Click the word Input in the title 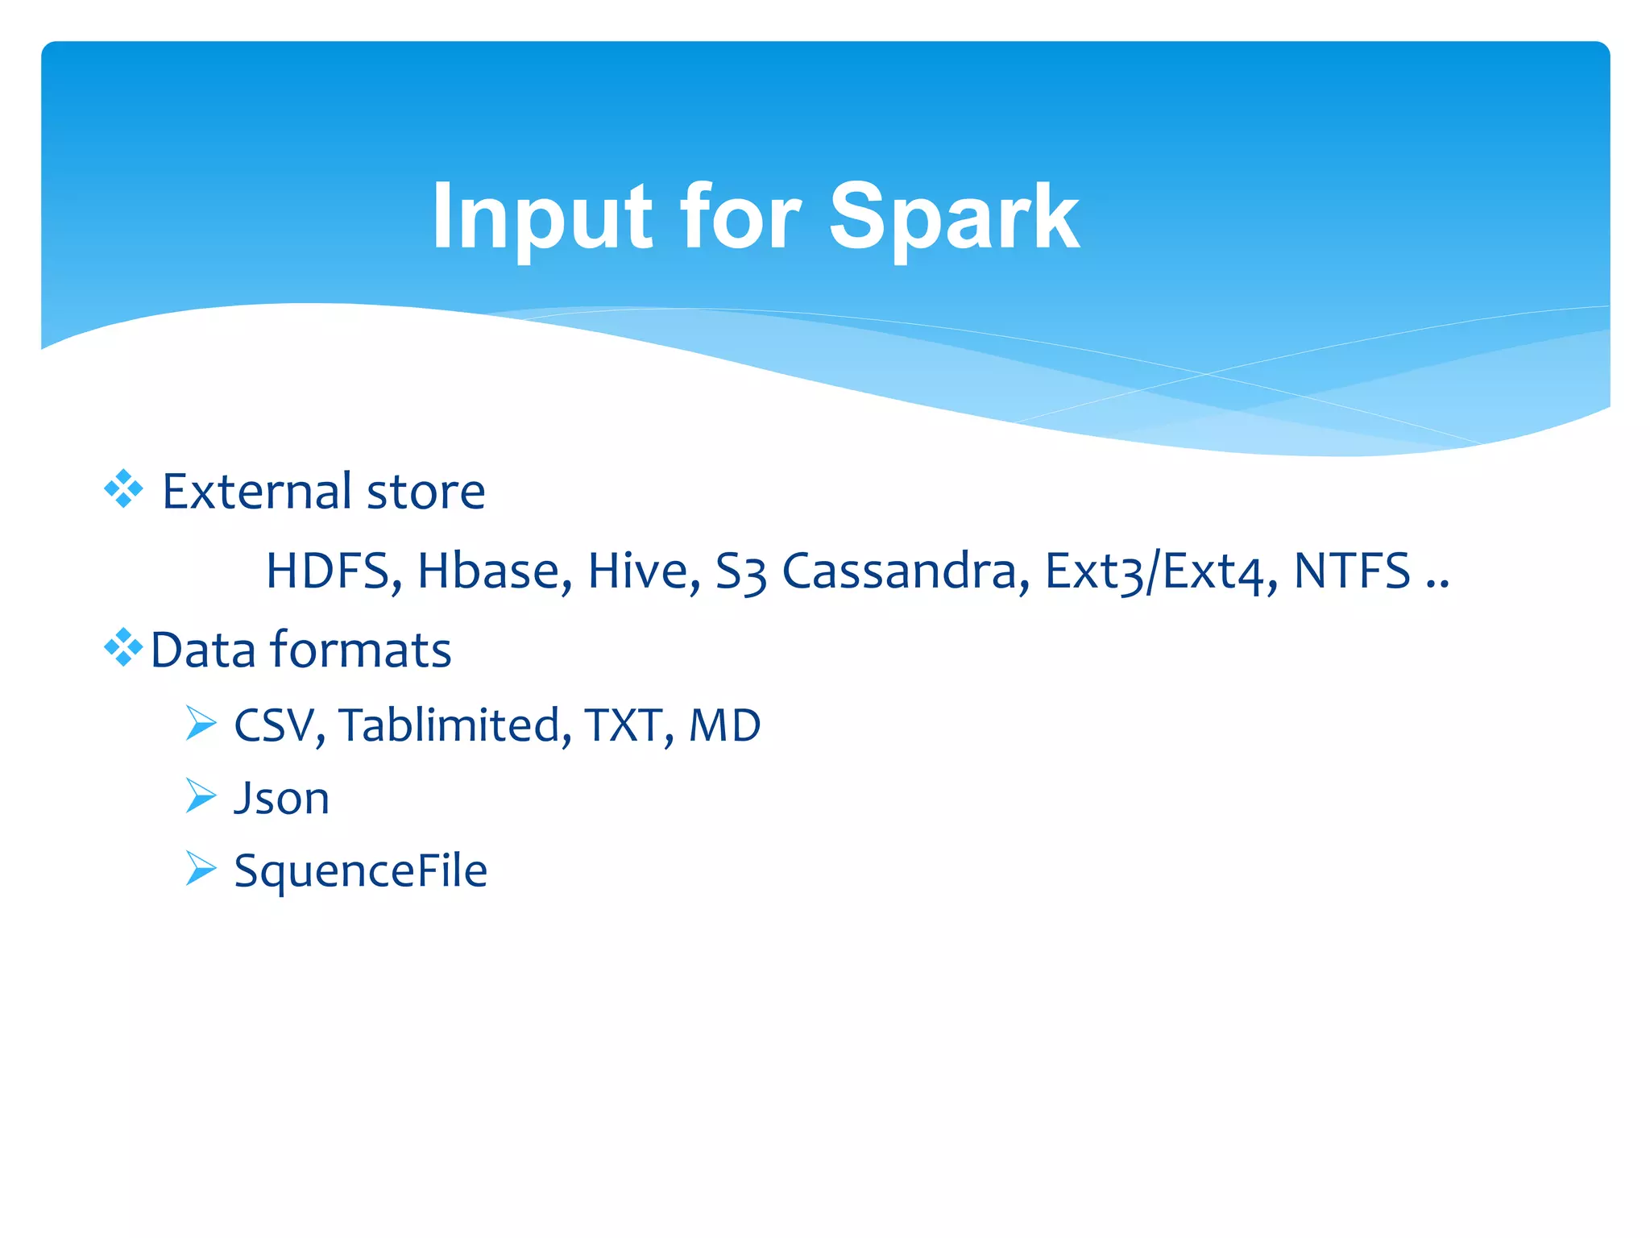[541, 218]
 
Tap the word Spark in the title [954, 218]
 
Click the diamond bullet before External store [123, 489]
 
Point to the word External [257, 492]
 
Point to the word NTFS [1352, 571]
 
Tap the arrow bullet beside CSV [201, 723]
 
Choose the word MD [724, 725]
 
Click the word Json [281, 799]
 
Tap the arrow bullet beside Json [201, 796]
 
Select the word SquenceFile [360, 871]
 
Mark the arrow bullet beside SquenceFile [201, 868]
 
